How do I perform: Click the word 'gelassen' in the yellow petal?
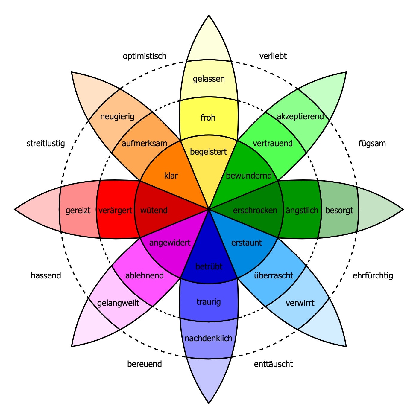pyautogui.click(x=209, y=79)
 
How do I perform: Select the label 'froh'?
pyautogui.click(x=208, y=118)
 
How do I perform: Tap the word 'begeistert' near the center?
pyautogui.click(x=209, y=152)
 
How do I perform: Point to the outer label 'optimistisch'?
pyautogui.click(x=145, y=56)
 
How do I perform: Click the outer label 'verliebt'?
pyautogui.click(x=273, y=56)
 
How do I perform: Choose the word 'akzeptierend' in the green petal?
pyautogui.click(x=300, y=116)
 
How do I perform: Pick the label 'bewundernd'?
pyautogui.click(x=249, y=176)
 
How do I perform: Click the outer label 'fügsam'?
pyautogui.click(x=372, y=144)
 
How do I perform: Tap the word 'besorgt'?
pyautogui.click(x=339, y=210)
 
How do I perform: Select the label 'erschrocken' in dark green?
pyautogui.click(x=255, y=210)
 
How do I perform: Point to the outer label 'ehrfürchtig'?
pyautogui.click(x=373, y=275)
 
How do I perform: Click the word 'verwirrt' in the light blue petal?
pyautogui.click(x=300, y=303)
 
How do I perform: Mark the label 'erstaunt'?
pyautogui.click(x=247, y=243)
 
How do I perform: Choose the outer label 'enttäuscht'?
pyautogui.click(x=273, y=364)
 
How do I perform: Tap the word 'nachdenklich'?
pyautogui.click(x=209, y=338)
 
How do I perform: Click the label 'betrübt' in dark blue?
pyautogui.click(x=209, y=266)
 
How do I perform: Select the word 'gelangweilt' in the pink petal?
pyautogui.click(x=118, y=303)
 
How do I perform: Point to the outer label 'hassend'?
pyautogui.click(x=46, y=275)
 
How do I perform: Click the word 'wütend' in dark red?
pyautogui.click(x=154, y=210)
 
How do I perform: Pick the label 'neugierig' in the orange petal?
pyautogui.click(x=117, y=116)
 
